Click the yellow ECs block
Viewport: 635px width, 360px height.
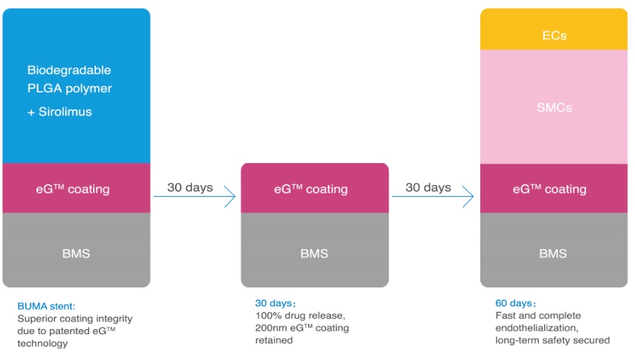coord(554,29)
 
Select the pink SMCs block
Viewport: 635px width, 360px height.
coord(554,107)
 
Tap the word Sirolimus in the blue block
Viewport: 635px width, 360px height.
coord(65,112)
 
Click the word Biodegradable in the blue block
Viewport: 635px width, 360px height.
coord(69,70)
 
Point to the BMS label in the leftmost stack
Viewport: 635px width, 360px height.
coord(76,254)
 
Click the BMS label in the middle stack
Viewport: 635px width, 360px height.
coord(314,254)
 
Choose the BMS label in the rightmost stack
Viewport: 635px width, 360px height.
coord(553,254)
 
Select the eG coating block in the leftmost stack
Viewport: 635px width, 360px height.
coord(76,188)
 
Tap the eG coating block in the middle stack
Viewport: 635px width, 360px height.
coord(314,188)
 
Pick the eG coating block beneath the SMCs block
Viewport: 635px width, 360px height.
coord(554,188)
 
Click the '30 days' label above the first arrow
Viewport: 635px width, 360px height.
coord(190,188)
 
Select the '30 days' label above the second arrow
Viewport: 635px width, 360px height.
coord(428,188)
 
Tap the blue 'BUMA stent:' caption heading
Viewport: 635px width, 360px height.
coord(46,306)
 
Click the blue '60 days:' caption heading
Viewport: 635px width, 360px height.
coord(515,303)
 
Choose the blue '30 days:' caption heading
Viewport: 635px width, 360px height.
coord(275,303)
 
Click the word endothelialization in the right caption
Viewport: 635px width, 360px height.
coord(536,328)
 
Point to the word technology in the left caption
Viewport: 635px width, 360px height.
coord(43,344)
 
